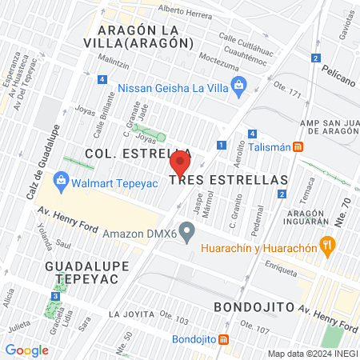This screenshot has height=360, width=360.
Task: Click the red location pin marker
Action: click(x=180, y=166)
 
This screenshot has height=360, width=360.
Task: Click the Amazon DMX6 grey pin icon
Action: click(x=188, y=234)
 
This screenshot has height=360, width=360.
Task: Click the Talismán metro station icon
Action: click(x=298, y=146)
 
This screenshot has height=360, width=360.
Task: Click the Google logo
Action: click(x=27, y=350)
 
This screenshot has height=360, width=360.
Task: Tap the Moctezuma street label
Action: click(x=211, y=59)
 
